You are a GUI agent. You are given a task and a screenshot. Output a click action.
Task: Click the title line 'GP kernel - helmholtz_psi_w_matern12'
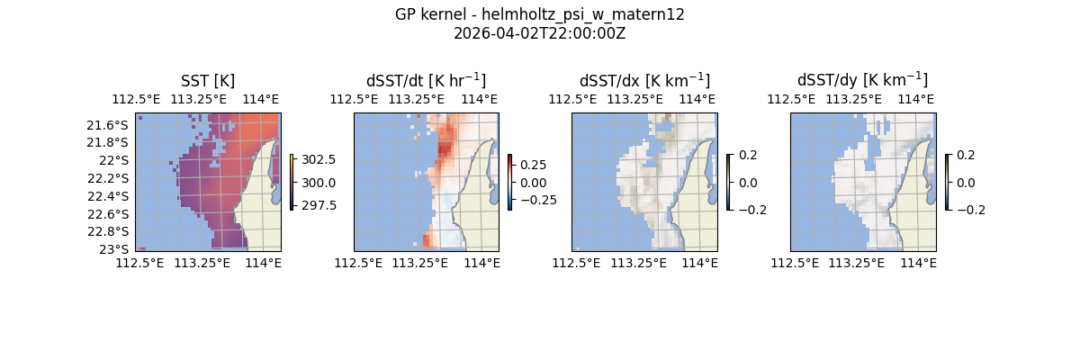click(539, 14)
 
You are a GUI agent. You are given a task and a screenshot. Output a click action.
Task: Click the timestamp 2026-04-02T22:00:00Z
click(539, 33)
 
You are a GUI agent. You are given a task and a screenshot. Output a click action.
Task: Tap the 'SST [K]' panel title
click(208, 80)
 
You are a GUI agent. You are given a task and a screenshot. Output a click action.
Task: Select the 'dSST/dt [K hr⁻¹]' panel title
click(426, 80)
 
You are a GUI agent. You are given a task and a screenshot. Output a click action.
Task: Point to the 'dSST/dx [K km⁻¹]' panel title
click(644, 80)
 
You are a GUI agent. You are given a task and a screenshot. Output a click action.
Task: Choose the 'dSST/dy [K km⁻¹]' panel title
click(862, 80)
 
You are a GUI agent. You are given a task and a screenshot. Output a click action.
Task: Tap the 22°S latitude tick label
click(116, 160)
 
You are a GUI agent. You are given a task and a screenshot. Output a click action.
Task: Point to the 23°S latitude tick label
click(116, 249)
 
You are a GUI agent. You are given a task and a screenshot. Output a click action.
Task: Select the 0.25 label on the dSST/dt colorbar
click(535, 166)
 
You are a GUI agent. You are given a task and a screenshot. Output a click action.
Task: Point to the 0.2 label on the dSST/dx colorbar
click(747, 155)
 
